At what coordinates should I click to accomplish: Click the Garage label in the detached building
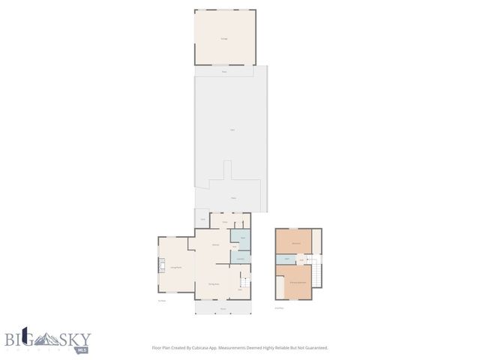coord(223,38)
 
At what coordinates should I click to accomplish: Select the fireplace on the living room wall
coord(160,266)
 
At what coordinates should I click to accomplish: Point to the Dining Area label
coord(214,283)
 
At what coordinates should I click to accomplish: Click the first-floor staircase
coord(244,283)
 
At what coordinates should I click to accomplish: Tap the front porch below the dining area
coord(223,307)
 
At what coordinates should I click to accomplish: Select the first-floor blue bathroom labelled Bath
coord(243,238)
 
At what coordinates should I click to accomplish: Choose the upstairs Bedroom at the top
coord(296,243)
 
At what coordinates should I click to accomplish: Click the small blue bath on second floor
coord(286,259)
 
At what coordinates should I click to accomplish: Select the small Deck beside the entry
coord(202,219)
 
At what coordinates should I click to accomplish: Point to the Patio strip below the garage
coord(224,71)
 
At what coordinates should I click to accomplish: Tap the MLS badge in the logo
coord(82,349)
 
